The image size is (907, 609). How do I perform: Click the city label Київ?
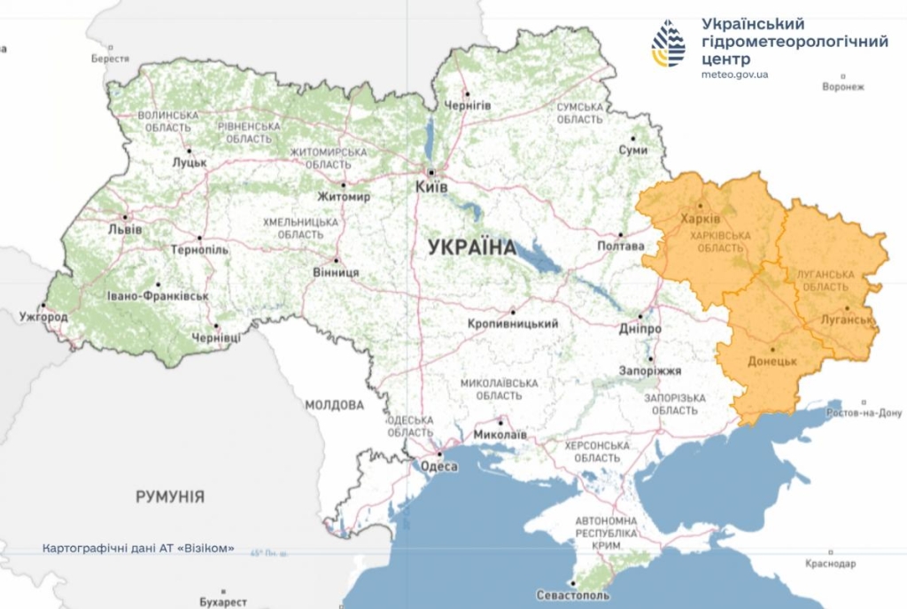click(432, 188)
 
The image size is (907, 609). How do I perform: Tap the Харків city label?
click(700, 219)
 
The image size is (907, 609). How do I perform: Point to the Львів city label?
click(124, 228)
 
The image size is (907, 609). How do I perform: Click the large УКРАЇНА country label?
click(472, 247)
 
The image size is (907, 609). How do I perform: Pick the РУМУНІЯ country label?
click(170, 496)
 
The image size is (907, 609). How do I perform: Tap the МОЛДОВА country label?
click(334, 405)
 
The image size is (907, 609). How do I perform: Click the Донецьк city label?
click(772, 362)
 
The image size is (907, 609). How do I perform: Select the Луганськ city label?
click(848, 319)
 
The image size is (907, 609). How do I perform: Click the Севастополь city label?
click(573, 595)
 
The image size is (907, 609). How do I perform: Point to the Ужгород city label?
click(43, 316)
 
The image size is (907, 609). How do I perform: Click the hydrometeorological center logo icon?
click(669, 43)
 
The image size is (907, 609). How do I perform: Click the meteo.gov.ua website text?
click(734, 74)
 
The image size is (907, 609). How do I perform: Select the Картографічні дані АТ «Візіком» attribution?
click(138, 549)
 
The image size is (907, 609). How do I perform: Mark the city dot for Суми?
click(633, 138)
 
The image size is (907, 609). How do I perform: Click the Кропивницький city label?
click(513, 324)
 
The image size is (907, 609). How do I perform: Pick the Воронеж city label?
click(841, 87)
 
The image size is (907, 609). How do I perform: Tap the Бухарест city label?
click(223, 602)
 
